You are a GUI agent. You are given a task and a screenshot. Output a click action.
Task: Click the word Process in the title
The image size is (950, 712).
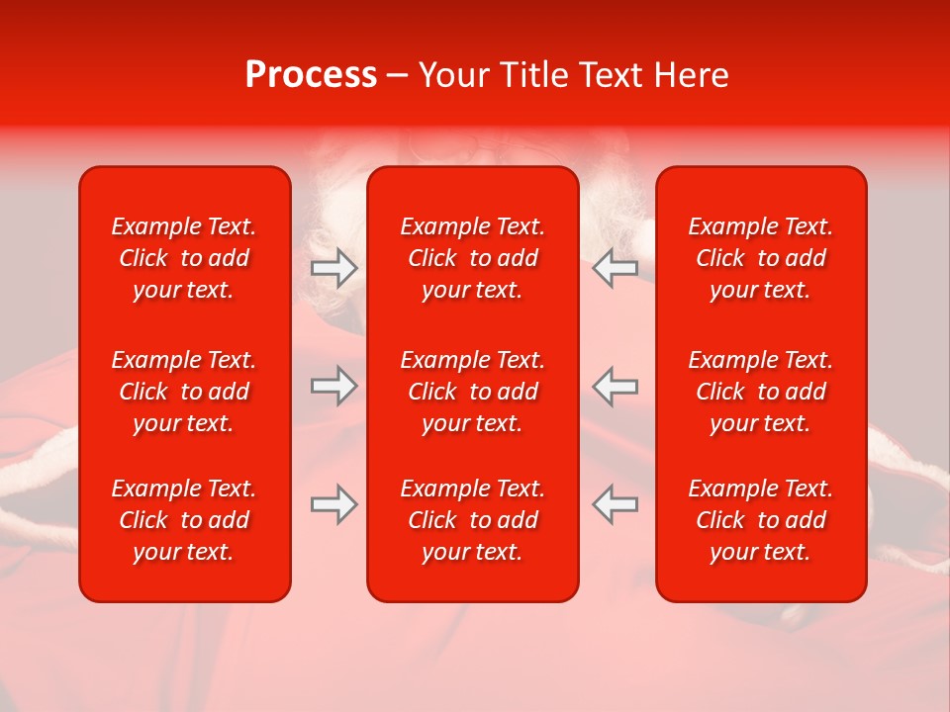coord(311,75)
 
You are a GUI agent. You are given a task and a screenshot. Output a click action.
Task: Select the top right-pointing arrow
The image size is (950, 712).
coord(333,268)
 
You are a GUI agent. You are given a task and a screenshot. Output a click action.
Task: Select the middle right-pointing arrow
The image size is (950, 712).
coord(333,386)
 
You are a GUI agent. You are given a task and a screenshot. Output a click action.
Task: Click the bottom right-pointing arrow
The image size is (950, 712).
coord(333,504)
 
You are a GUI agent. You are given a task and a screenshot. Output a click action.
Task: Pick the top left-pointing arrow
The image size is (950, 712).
coord(615,268)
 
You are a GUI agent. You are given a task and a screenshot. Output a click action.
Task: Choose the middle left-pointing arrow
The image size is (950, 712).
coord(615,386)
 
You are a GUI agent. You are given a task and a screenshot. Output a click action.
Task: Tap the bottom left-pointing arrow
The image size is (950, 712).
coord(615,504)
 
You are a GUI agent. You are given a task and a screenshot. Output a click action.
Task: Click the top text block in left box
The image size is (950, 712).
coord(184,258)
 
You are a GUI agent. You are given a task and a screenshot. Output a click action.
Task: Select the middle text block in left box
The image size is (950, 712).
coord(184,392)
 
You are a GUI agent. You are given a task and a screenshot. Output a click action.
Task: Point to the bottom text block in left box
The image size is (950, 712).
coord(184,520)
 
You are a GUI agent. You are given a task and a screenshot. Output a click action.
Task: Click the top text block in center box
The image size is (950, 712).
coord(473,258)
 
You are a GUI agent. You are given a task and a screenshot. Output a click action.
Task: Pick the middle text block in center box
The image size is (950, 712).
coord(473,392)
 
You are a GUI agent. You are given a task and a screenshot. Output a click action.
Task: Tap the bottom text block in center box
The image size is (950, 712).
coord(473,520)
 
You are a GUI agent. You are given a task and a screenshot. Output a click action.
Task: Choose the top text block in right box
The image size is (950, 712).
coord(761,258)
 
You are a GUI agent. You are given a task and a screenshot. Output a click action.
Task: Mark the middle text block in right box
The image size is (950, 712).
coord(761,392)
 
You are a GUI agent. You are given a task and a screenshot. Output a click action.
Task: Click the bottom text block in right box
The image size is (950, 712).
coord(761,520)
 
